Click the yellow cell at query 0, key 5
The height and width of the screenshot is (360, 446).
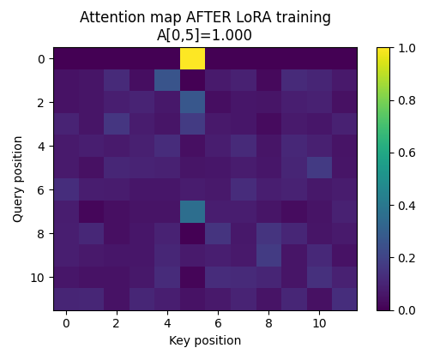pos(193,58)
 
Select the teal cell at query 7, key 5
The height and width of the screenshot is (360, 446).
pos(193,211)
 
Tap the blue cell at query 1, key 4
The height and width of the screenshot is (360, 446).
pos(167,80)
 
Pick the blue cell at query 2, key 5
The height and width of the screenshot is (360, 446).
pos(193,102)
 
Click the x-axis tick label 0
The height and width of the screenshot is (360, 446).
pos(66,323)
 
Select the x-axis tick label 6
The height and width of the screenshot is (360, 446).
pos(218,323)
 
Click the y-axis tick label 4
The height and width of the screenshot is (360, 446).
pos(41,146)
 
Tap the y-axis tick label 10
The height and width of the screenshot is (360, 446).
pos(38,277)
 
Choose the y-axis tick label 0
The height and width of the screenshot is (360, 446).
pos(41,58)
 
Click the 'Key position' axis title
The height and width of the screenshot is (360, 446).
pos(206,340)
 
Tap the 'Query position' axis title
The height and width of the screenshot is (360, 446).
pos(18,178)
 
